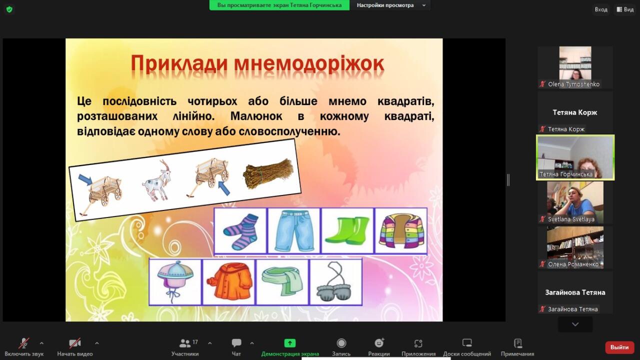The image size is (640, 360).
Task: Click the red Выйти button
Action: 619,347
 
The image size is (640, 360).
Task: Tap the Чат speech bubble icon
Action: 236,342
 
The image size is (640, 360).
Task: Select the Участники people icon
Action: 185,343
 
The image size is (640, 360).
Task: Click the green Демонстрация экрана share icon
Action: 289,343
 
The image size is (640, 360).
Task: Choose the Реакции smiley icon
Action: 379,342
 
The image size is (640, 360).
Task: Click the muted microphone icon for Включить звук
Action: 24,343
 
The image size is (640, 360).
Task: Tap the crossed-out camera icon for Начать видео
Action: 75,343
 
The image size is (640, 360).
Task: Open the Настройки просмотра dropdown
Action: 391,5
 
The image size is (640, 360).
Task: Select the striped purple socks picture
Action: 240,231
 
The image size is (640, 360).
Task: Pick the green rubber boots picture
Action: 347,230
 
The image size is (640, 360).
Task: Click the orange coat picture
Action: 229,281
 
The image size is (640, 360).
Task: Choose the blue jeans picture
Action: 294,231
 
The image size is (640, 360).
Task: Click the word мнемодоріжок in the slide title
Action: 309,63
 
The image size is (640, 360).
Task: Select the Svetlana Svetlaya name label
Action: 571,219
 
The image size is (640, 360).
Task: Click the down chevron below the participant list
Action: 575,324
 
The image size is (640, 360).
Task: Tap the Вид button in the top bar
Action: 625,9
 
